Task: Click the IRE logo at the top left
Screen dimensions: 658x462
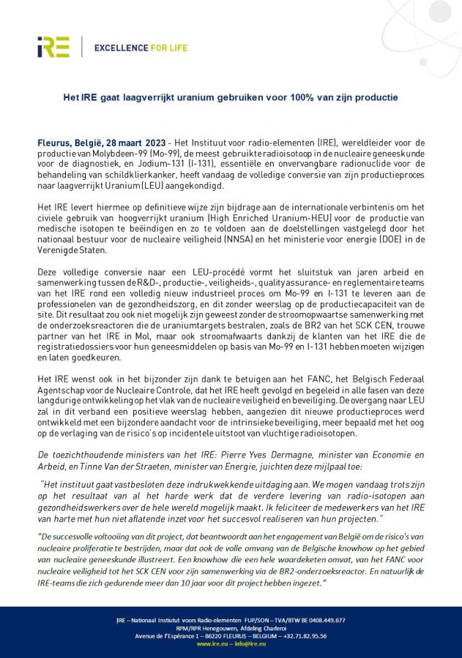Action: point(53,47)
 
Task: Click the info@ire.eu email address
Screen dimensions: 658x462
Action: point(249,643)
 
